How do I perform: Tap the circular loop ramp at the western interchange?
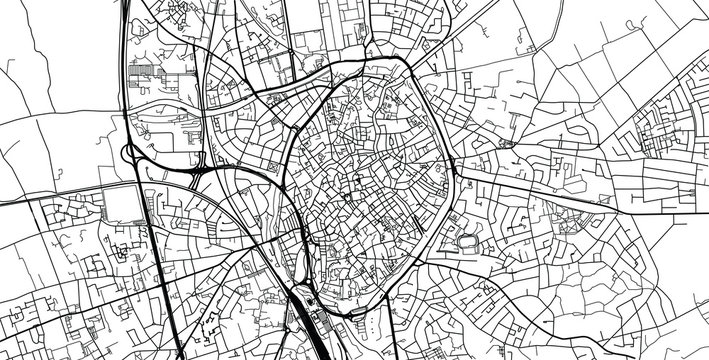click(x=131, y=152)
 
